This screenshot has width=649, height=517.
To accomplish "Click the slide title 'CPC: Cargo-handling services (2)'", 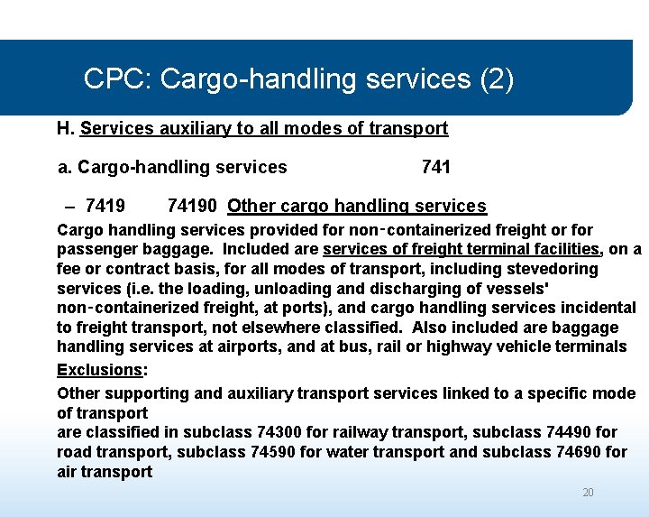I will coord(298,79).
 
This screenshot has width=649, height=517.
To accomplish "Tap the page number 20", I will coord(588,493).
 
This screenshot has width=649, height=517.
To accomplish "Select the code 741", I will coord(436,167).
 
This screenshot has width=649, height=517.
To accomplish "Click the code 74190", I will coord(192,207).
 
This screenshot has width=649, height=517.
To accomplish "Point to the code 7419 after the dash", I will coord(105,207).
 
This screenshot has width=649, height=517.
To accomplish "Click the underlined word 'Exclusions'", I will coord(99,370).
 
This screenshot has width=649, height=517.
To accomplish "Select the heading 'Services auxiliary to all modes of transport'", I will coord(264,128).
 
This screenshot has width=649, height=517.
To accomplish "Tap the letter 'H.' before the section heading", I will coord(66,128).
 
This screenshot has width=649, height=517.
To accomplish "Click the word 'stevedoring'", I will coord(553,269).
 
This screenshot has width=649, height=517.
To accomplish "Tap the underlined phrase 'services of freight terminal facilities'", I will coord(462,249).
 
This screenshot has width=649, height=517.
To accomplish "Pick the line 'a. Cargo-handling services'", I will coord(172,167).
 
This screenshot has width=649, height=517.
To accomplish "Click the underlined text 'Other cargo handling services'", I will coord(357,207).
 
